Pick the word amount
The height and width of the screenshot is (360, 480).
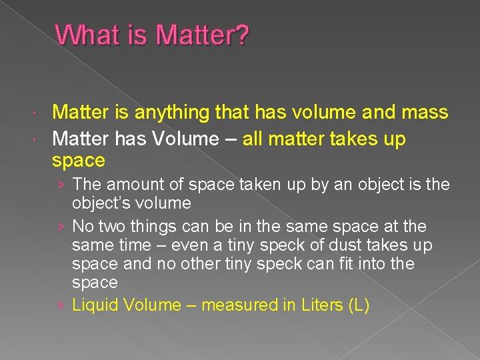[129, 184]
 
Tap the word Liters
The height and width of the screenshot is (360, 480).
[323, 305]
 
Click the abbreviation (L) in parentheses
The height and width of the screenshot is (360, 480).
[359, 305]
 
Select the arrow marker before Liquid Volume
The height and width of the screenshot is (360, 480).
[61, 305]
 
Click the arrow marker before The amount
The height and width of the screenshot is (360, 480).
[61, 184]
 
